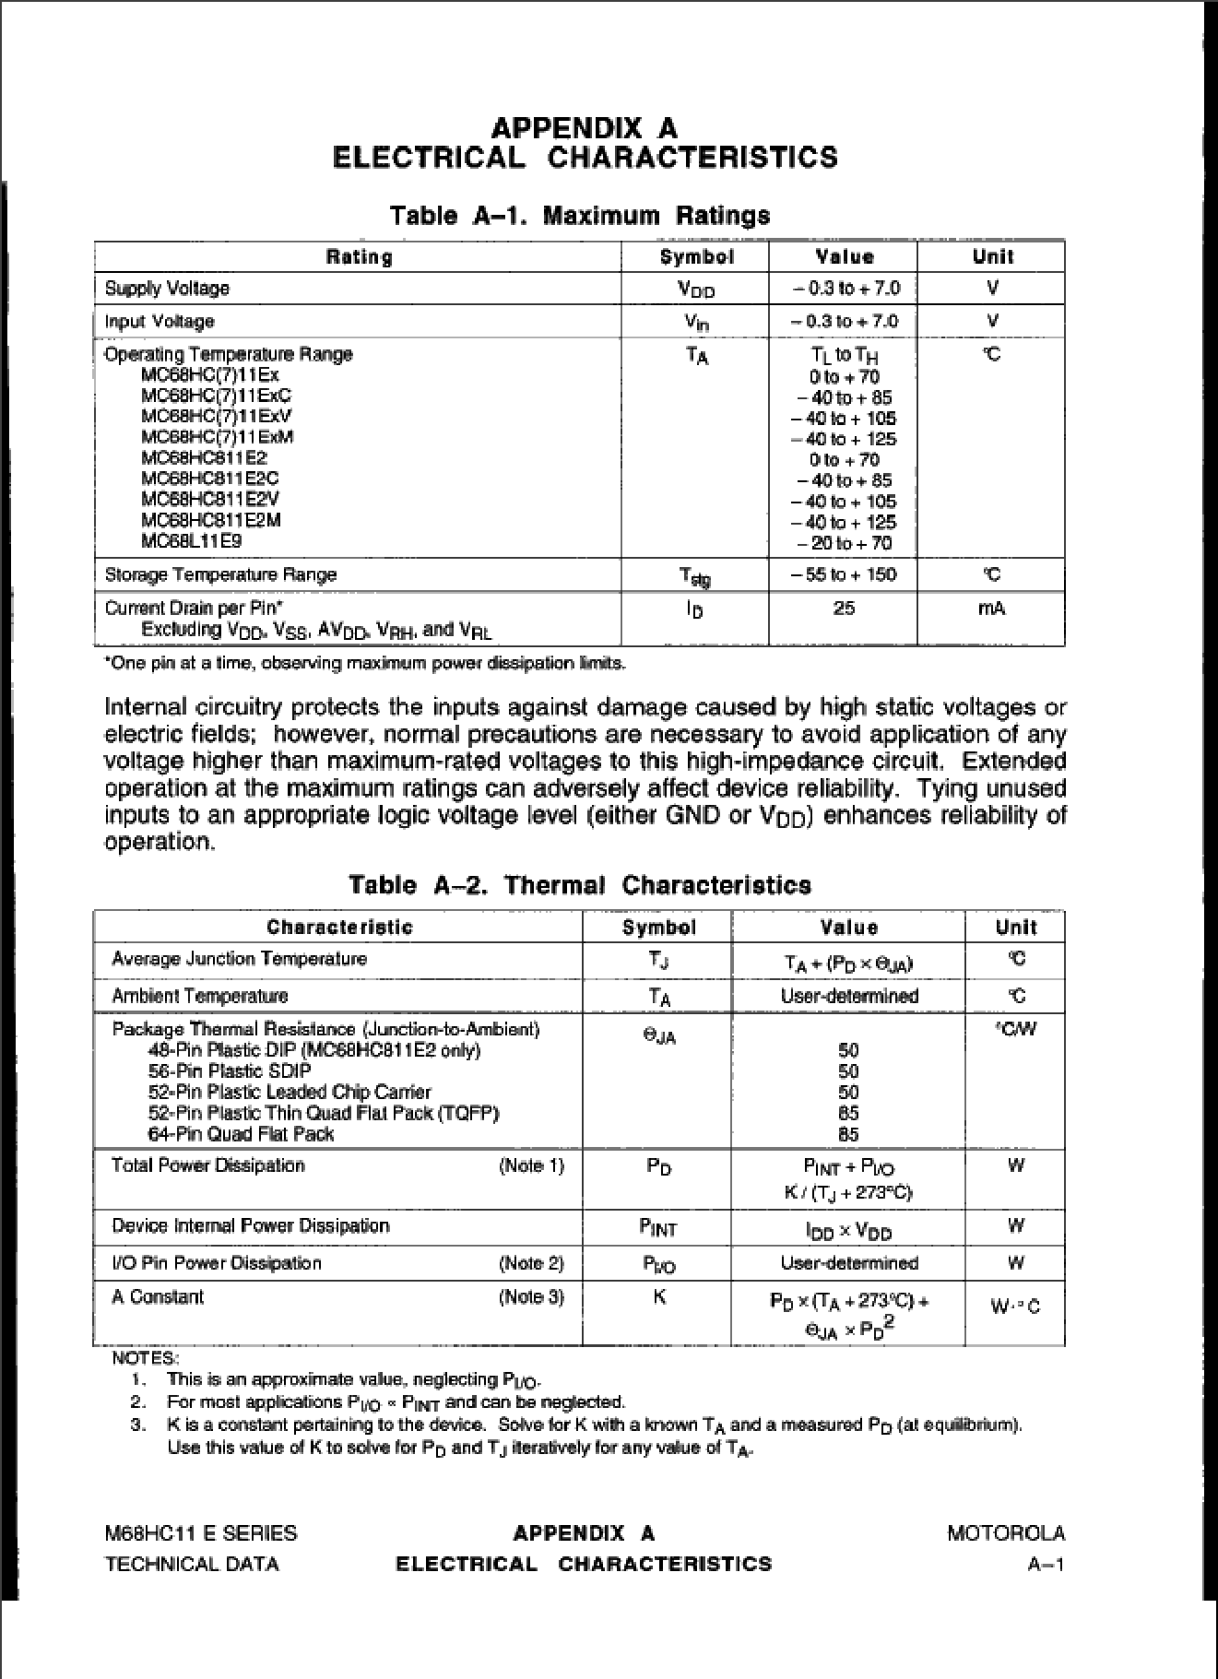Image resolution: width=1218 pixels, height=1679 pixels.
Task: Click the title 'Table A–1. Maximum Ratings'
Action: [579, 216]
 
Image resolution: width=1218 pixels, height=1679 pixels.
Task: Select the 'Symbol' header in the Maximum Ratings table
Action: [696, 257]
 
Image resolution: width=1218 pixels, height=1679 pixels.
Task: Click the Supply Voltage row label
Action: [167, 289]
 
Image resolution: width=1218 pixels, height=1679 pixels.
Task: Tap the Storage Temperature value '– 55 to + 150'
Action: [844, 574]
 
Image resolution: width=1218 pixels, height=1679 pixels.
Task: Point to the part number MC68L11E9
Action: [192, 541]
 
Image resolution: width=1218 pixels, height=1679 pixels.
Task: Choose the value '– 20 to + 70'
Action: [845, 543]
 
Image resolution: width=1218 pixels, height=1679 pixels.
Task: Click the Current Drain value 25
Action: [844, 609]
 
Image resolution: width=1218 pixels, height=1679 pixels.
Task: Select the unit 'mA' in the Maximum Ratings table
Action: [991, 609]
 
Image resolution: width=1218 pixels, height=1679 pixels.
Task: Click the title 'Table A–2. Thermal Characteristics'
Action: [579, 885]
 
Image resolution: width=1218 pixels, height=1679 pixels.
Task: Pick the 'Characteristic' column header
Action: [339, 927]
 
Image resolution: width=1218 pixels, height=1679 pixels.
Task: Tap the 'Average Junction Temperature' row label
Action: [239, 959]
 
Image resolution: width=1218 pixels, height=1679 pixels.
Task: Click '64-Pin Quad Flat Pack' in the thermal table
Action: [241, 1134]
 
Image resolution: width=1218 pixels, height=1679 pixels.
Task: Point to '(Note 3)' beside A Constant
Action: [530, 1297]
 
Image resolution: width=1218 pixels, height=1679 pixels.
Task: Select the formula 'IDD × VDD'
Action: [848, 1231]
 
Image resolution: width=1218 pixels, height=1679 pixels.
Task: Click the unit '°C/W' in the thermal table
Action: [1015, 1029]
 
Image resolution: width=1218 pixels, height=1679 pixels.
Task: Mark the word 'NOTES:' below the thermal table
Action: [145, 1358]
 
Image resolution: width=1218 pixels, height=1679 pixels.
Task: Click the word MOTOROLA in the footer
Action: [1005, 1533]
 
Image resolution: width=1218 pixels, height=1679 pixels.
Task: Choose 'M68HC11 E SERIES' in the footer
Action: [201, 1533]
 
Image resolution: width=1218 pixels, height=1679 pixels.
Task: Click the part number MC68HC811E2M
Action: [211, 520]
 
